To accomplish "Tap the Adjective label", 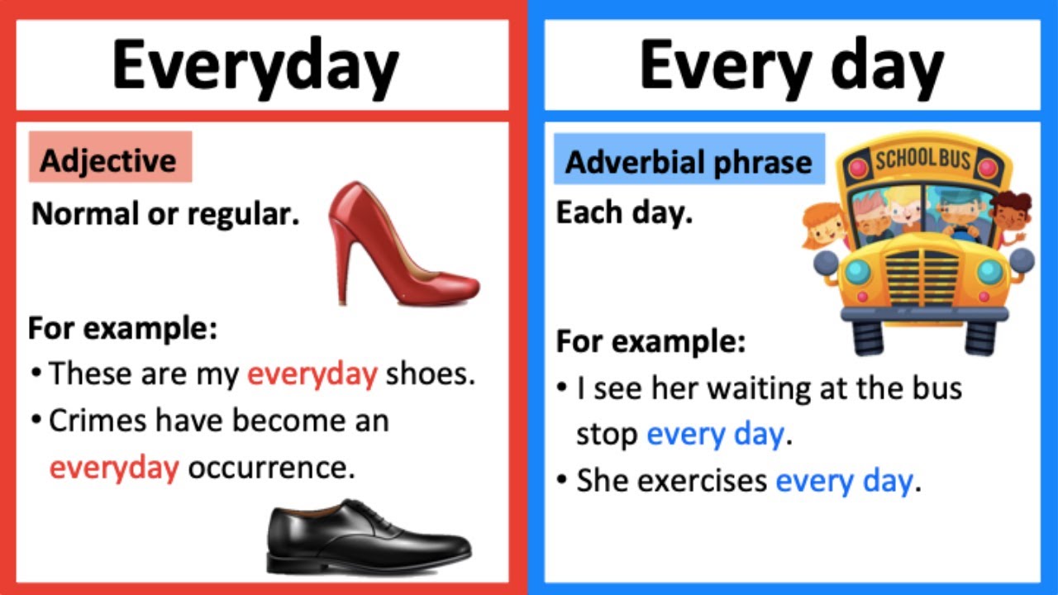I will [x=108, y=159].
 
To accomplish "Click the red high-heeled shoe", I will [x=397, y=248].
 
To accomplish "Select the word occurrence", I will [x=271, y=468].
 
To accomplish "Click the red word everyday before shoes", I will [x=312, y=374].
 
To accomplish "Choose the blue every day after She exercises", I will [x=844, y=481].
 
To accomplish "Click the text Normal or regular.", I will [x=165, y=215].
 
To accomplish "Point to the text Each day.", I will [x=624, y=213].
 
